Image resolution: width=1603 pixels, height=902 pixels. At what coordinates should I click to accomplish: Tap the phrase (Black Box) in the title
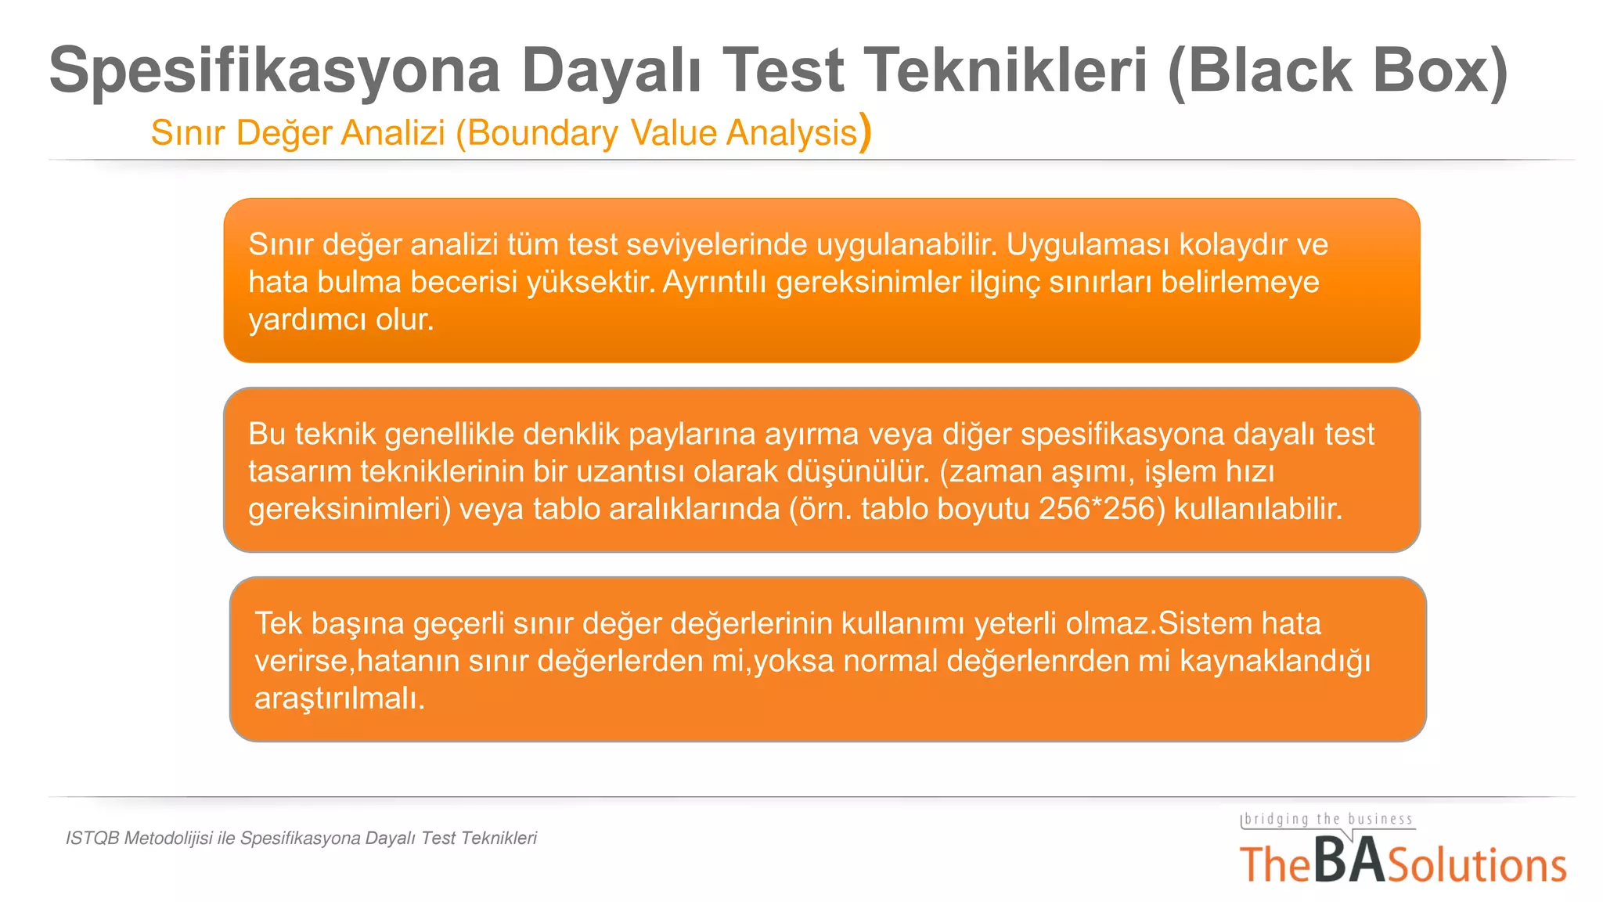click(x=1337, y=70)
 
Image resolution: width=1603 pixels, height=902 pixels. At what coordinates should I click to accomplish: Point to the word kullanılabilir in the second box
click(x=1257, y=509)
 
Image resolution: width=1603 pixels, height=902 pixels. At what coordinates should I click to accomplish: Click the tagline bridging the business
click(x=1328, y=820)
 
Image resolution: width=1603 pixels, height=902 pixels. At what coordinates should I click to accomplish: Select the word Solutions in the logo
click(x=1477, y=865)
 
